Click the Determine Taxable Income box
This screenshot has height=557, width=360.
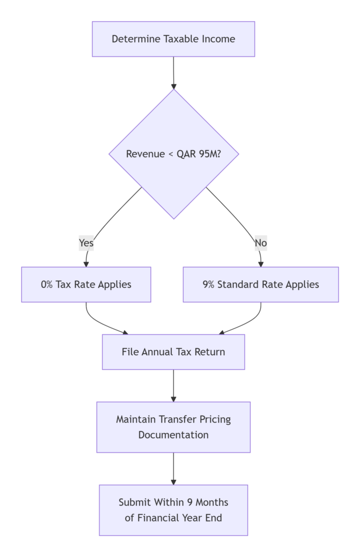pyautogui.click(x=173, y=39)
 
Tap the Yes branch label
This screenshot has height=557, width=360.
pyautogui.click(x=86, y=243)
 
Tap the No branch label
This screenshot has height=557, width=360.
pyautogui.click(x=261, y=243)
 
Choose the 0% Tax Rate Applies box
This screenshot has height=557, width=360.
pyautogui.click(x=86, y=284)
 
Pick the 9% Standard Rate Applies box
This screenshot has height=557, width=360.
pyautogui.click(x=260, y=284)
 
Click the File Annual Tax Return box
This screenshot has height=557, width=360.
pyautogui.click(x=173, y=352)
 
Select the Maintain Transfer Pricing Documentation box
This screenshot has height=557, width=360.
pyautogui.click(x=173, y=427)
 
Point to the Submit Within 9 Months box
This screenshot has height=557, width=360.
pyautogui.click(x=173, y=510)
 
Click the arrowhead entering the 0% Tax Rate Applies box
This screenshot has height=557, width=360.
pyautogui.click(x=86, y=264)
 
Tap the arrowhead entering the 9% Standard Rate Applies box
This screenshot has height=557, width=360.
pyautogui.click(x=261, y=264)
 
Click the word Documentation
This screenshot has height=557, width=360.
pyautogui.click(x=173, y=435)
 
